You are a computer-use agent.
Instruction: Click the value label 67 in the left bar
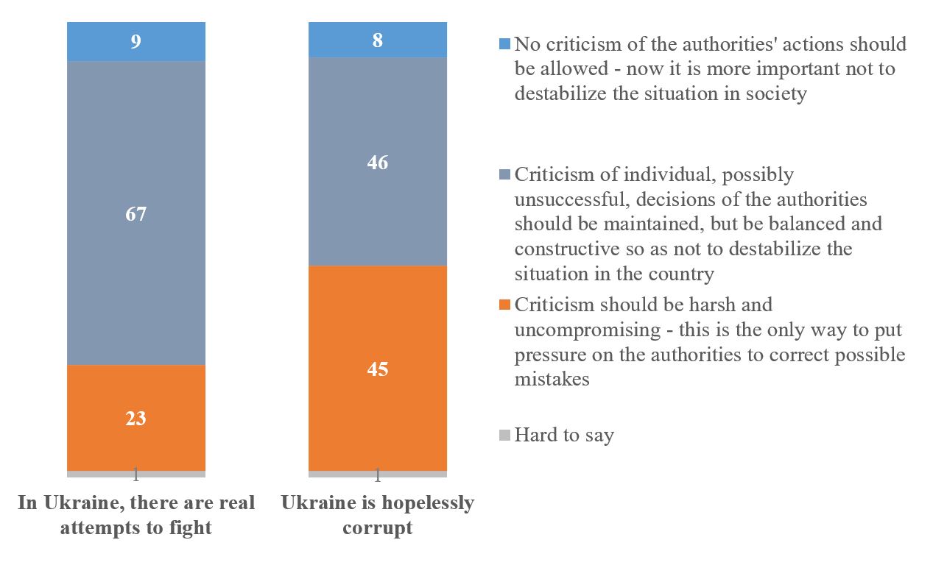(x=136, y=215)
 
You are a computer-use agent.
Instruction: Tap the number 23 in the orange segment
(x=136, y=419)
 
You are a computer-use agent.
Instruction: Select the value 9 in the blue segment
(x=136, y=42)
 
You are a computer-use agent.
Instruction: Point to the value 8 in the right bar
(x=377, y=40)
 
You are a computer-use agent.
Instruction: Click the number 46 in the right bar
(x=377, y=163)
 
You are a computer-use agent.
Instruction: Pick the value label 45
(x=377, y=369)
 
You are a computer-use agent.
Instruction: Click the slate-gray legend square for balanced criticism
(x=504, y=175)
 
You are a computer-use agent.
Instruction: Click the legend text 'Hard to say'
(x=564, y=435)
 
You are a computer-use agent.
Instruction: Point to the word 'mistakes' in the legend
(x=552, y=380)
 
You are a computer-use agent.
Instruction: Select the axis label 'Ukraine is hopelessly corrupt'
(x=377, y=515)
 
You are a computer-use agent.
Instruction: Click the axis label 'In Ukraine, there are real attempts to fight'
(x=136, y=515)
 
